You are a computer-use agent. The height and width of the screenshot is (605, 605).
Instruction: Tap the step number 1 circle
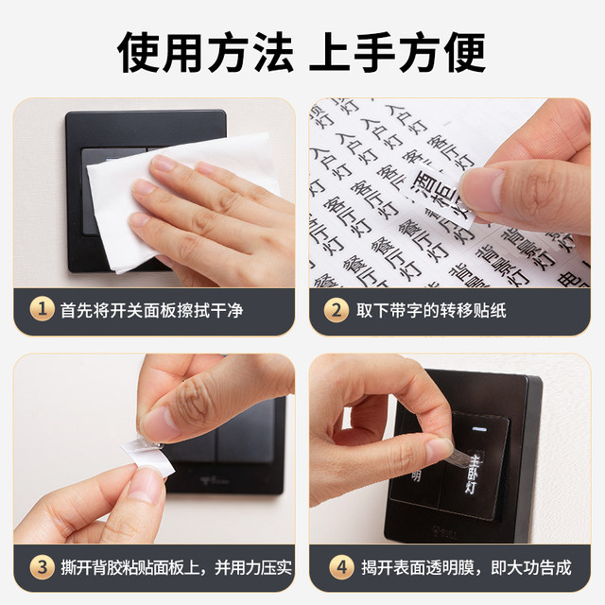pyautogui.click(x=41, y=310)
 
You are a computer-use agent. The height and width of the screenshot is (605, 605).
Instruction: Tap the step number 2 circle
pyautogui.click(x=337, y=310)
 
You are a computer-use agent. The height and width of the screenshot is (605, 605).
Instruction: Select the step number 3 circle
pyautogui.click(x=41, y=567)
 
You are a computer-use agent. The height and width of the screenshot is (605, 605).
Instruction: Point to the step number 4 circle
pyautogui.click(x=337, y=567)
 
